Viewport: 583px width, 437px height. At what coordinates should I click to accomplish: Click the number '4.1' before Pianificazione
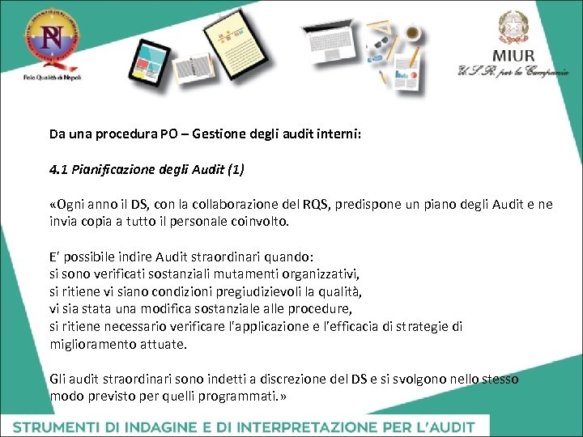(x=58, y=170)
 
